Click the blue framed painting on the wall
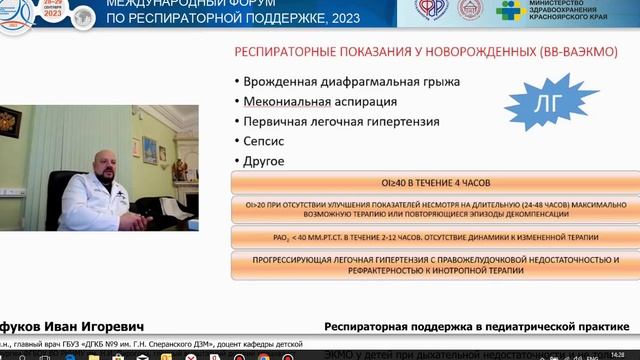point(149,150)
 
